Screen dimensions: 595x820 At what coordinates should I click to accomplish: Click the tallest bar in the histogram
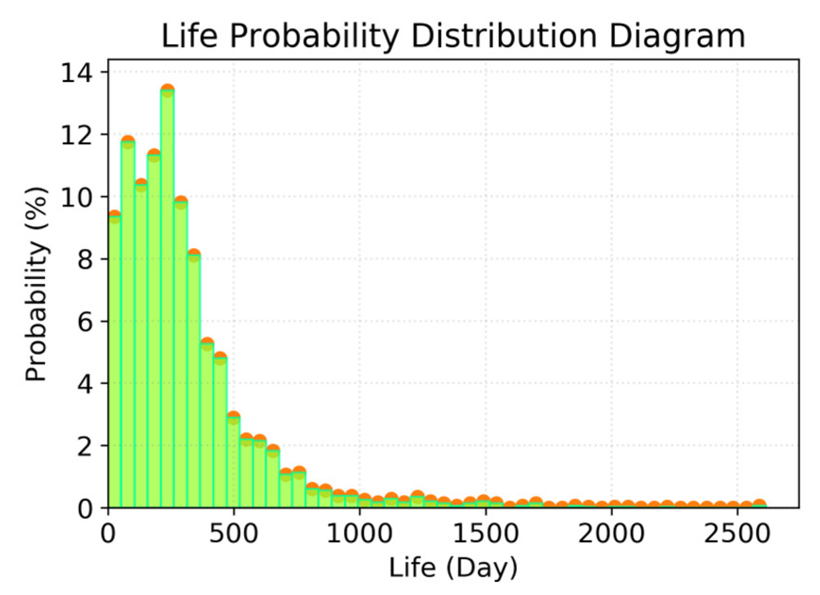pyautogui.click(x=167, y=302)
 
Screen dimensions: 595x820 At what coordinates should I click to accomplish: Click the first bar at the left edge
pyautogui.click(x=115, y=363)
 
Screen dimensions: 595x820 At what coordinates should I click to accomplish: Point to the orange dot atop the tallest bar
pyautogui.click(x=167, y=90)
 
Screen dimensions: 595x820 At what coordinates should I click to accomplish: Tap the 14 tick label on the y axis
pyautogui.click(x=76, y=72)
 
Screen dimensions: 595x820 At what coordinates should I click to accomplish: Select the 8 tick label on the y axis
pyautogui.click(x=85, y=259)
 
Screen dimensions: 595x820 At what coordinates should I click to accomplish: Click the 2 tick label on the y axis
pyautogui.click(x=85, y=446)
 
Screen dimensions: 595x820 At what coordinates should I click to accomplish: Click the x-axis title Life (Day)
pyautogui.click(x=453, y=569)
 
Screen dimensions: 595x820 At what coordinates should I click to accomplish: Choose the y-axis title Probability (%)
pyautogui.click(x=37, y=284)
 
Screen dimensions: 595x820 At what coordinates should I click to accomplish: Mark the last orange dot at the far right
pyautogui.click(x=759, y=504)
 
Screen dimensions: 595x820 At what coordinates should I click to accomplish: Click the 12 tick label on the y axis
pyautogui.click(x=76, y=134)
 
